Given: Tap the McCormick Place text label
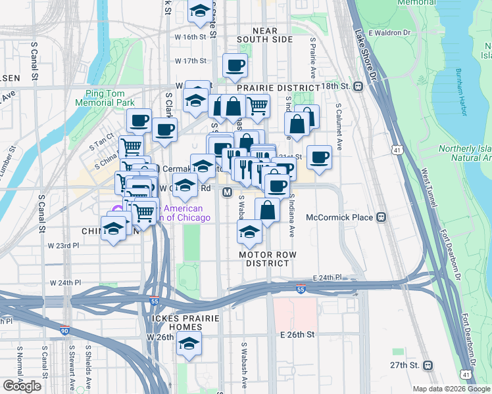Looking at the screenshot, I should point(343,217).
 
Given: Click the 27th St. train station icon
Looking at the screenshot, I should point(428,364).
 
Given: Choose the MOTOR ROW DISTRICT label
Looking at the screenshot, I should point(263,258).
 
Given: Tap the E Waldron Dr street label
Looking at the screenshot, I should point(389,32).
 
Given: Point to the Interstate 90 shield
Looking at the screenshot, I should point(64,331).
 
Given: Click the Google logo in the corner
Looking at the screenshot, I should point(22,386).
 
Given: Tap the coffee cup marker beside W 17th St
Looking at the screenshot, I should point(235,64).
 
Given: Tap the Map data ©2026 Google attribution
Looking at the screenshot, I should point(451,389).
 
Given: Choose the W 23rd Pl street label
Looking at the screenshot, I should point(63,245).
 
